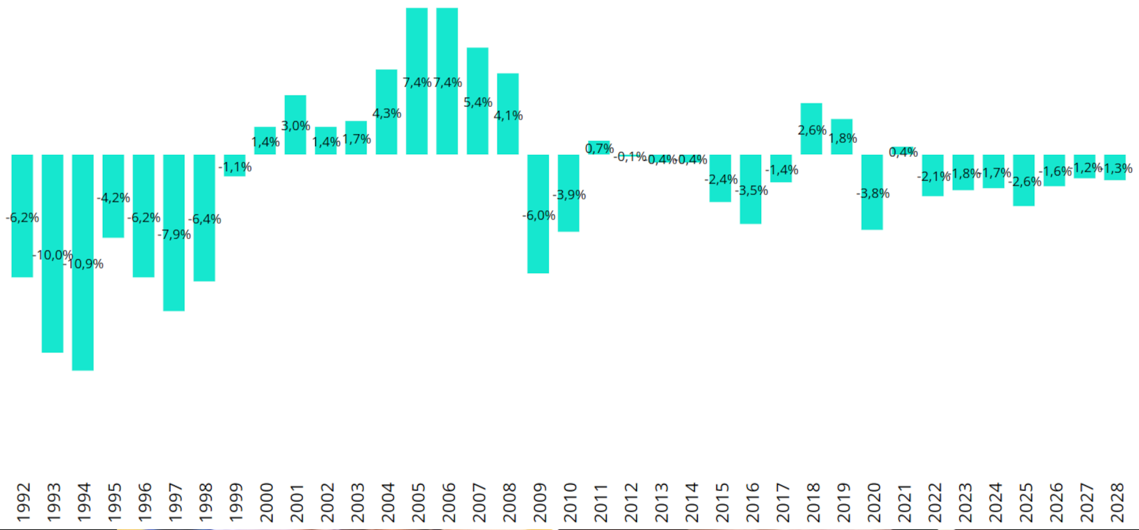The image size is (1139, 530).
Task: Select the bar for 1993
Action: tap(53, 307)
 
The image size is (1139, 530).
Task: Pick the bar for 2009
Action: tap(538, 247)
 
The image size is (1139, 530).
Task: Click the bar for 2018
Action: tap(811, 113)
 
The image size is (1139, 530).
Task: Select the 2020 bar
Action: tap(872, 214)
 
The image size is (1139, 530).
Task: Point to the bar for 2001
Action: tap(295, 107)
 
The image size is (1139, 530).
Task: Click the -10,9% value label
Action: tap(83, 264)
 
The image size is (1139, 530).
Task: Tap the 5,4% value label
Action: tap(478, 103)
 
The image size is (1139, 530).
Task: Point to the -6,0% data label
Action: tap(539, 216)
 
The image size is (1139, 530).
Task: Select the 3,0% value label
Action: tap(295, 126)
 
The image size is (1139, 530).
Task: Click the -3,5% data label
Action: tap(752, 191)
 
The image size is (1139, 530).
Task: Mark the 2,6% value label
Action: tap(812, 131)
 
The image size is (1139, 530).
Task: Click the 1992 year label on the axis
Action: tap(23, 502)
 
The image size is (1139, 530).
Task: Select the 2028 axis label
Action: tap(1117, 502)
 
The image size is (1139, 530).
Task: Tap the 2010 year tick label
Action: tap(569, 502)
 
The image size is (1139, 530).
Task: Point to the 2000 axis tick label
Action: tap(266, 502)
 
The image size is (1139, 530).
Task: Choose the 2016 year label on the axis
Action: tap(752, 502)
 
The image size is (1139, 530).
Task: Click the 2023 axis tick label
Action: tap(965, 502)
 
